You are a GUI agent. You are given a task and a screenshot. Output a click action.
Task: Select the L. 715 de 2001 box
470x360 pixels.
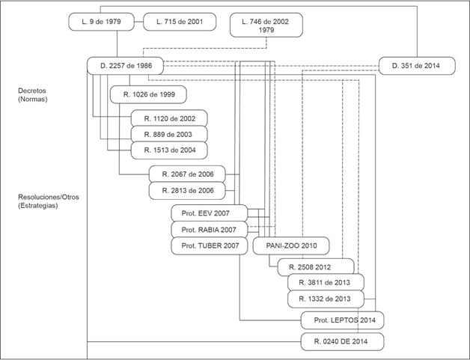pyautogui.click(x=179, y=22)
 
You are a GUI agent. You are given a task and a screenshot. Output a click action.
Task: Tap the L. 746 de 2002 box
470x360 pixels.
pyautogui.click(x=267, y=25)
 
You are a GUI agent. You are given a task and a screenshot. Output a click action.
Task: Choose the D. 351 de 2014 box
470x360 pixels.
pyautogui.click(x=415, y=66)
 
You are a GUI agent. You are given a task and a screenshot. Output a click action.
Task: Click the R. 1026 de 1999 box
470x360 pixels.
pyautogui.click(x=148, y=95)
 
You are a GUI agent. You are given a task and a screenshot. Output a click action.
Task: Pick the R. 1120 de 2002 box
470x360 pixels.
pyautogui.click(x=169, y=118)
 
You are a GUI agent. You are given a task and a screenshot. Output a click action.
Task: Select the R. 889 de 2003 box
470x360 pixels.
pyautogui.click(x=169, y=134)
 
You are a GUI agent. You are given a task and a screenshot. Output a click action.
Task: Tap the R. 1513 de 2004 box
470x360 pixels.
pyautogui.click(x=169, y=150)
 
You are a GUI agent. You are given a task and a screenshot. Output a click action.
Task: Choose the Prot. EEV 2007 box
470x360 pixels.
pyautogui.click(x=209, y=213)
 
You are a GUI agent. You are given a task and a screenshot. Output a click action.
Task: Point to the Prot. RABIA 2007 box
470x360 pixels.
pyautogui.click(x=209, y=229)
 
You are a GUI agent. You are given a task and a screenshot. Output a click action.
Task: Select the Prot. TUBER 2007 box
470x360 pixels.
pyautogui.click(x=209, y=245)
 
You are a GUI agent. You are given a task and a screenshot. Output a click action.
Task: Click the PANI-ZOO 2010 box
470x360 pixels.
pyautogui.click(x=290, y=245)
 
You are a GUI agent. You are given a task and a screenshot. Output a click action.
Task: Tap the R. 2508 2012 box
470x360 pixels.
pyautogui.click(x=314, y=266)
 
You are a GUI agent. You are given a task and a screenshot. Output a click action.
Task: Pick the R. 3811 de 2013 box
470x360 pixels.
pyautogui.click(x=326, y=283)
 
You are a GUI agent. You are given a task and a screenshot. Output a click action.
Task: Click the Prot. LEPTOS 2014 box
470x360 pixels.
pyautogui.click(x=342, y=320)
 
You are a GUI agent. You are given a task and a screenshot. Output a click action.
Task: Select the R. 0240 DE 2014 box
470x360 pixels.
pyautogui.click(x=343, y=342)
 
